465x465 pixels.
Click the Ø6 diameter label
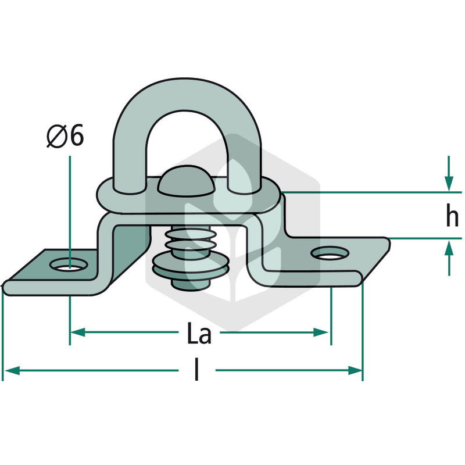coord(65,136)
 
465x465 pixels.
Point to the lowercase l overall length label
coord(196,369)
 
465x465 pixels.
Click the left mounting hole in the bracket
coord(70,264)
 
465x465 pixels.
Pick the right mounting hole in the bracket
coord(330,253)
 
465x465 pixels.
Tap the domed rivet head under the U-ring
coord(186,181)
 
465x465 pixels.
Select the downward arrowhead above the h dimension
coord(449,183)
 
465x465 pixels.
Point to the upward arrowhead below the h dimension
coord(449,248)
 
